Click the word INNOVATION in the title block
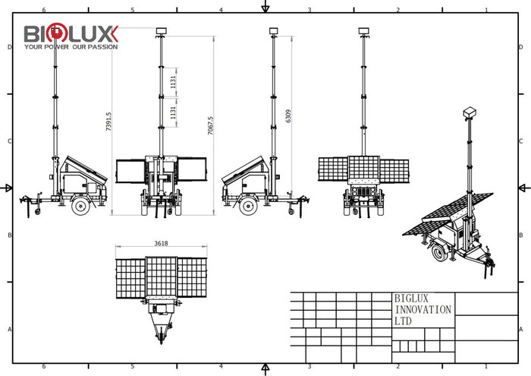point(423,310)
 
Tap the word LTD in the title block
point(404,321)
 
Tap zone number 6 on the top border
point(44,10)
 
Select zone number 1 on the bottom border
point(485,365)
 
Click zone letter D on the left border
point(9,47)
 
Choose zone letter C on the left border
point(9,141)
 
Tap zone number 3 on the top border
point(309,10)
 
